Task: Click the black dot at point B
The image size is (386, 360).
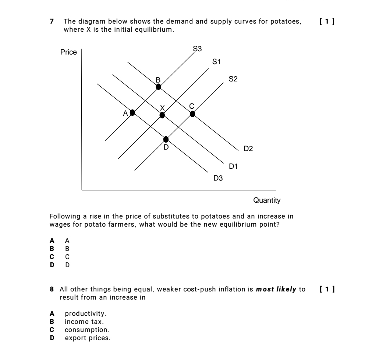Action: pyautogui.click(x=158, y=87)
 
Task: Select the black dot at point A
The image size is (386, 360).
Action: pyautogui.click(x=132, y=112)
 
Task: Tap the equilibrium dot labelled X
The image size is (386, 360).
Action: pyautogui.click(x=162, y=115)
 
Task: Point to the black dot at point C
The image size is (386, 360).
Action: pyautogui.click(x=192, y=113)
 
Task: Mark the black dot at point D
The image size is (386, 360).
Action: pyautogui.click(x=166, y=139)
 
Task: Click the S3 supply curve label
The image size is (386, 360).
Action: pyautogui.click(x=197, y=49)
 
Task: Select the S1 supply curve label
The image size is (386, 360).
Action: pyautogui.click(x=217, y=62)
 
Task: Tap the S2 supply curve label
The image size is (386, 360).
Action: pyautogui.click(x=233, y=78)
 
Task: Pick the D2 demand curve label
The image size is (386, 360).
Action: pyautogui.click(x=248, y=149)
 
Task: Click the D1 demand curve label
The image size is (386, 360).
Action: pyautogui.click(x=234, y=167)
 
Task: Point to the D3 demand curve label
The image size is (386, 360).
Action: pyautogui.click(x=218, y=178)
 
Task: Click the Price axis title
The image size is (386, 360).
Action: pyautogui.click(x=68, y=52)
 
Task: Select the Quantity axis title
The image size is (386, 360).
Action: pyautogui.click(x=267, y=200)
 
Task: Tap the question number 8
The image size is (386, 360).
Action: pyautogui.click(x=52, y=290)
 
